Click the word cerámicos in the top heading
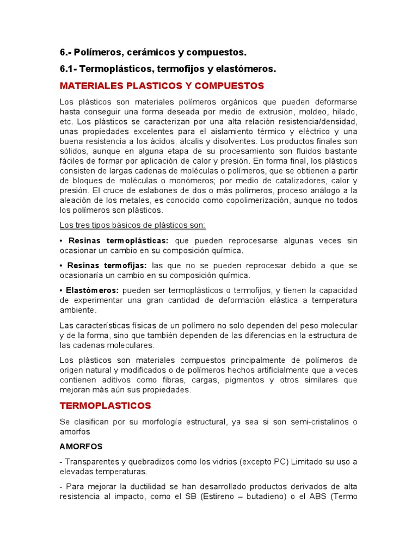click(x=149, y=52)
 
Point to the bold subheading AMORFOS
click(x=81, y=446)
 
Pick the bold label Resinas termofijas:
click(x=107, y=265)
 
